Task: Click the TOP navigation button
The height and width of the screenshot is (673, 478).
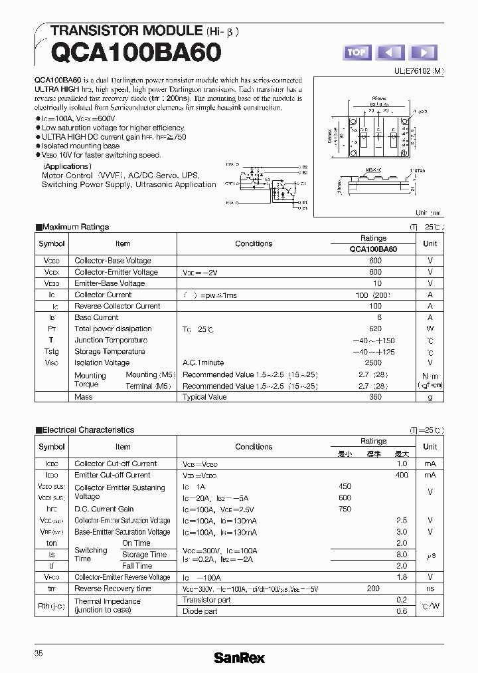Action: pos(357,53)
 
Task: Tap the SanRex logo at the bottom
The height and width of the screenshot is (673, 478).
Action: pos(239,658)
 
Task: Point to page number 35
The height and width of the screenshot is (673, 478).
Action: pos(39,654)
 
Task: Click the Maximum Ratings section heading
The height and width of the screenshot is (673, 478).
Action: pos(75,227)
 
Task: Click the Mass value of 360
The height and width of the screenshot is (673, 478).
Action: pos(375,397)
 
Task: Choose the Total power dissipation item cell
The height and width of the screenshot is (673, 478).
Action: pos(113,329)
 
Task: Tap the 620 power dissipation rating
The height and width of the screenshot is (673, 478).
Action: pos(375,329)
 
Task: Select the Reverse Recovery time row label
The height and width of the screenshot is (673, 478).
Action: pos(113,589)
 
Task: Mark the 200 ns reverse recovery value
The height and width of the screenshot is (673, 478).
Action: pos(373,589)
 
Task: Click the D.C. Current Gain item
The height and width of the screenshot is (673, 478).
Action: pos(104,509)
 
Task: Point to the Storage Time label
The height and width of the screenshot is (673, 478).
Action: pos(144,555)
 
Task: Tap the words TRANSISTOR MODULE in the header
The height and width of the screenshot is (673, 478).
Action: pos(126,31)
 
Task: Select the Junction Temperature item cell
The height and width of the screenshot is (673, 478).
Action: pos(111,340)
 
